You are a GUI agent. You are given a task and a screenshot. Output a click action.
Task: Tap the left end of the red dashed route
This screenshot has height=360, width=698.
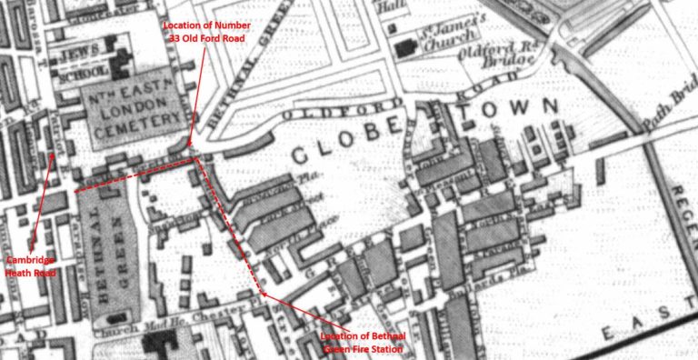[75, 191]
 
